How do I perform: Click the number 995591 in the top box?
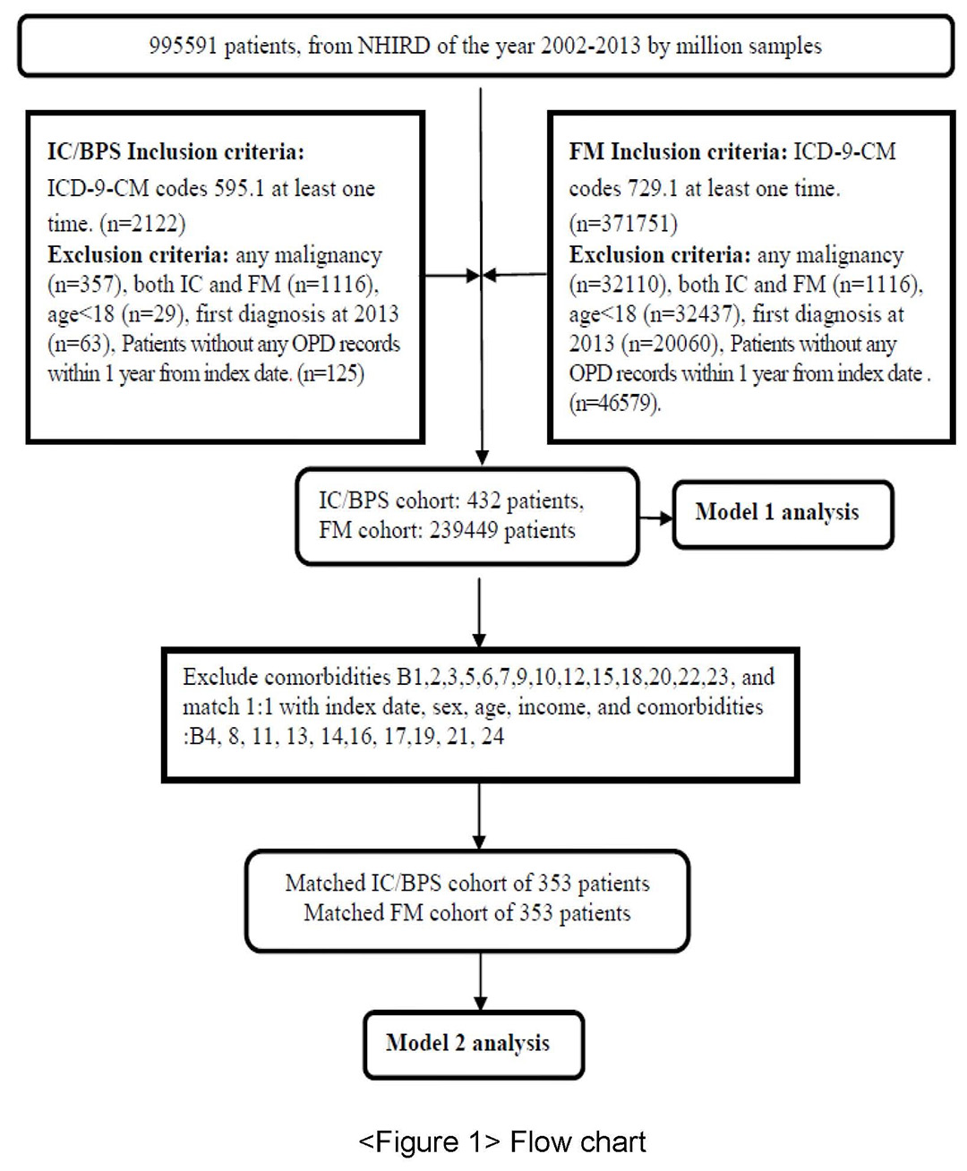183,46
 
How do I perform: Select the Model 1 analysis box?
783,514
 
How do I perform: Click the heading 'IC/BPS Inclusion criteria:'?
175,151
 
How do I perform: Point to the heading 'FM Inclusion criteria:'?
678,151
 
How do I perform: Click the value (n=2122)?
142,224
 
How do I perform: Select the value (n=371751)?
623,224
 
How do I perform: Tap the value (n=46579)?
615,403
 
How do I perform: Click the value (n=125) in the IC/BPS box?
331,373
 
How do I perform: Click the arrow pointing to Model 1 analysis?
655,517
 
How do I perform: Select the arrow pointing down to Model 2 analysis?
480,981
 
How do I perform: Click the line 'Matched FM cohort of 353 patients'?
467,912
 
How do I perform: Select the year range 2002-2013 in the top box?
590,46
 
